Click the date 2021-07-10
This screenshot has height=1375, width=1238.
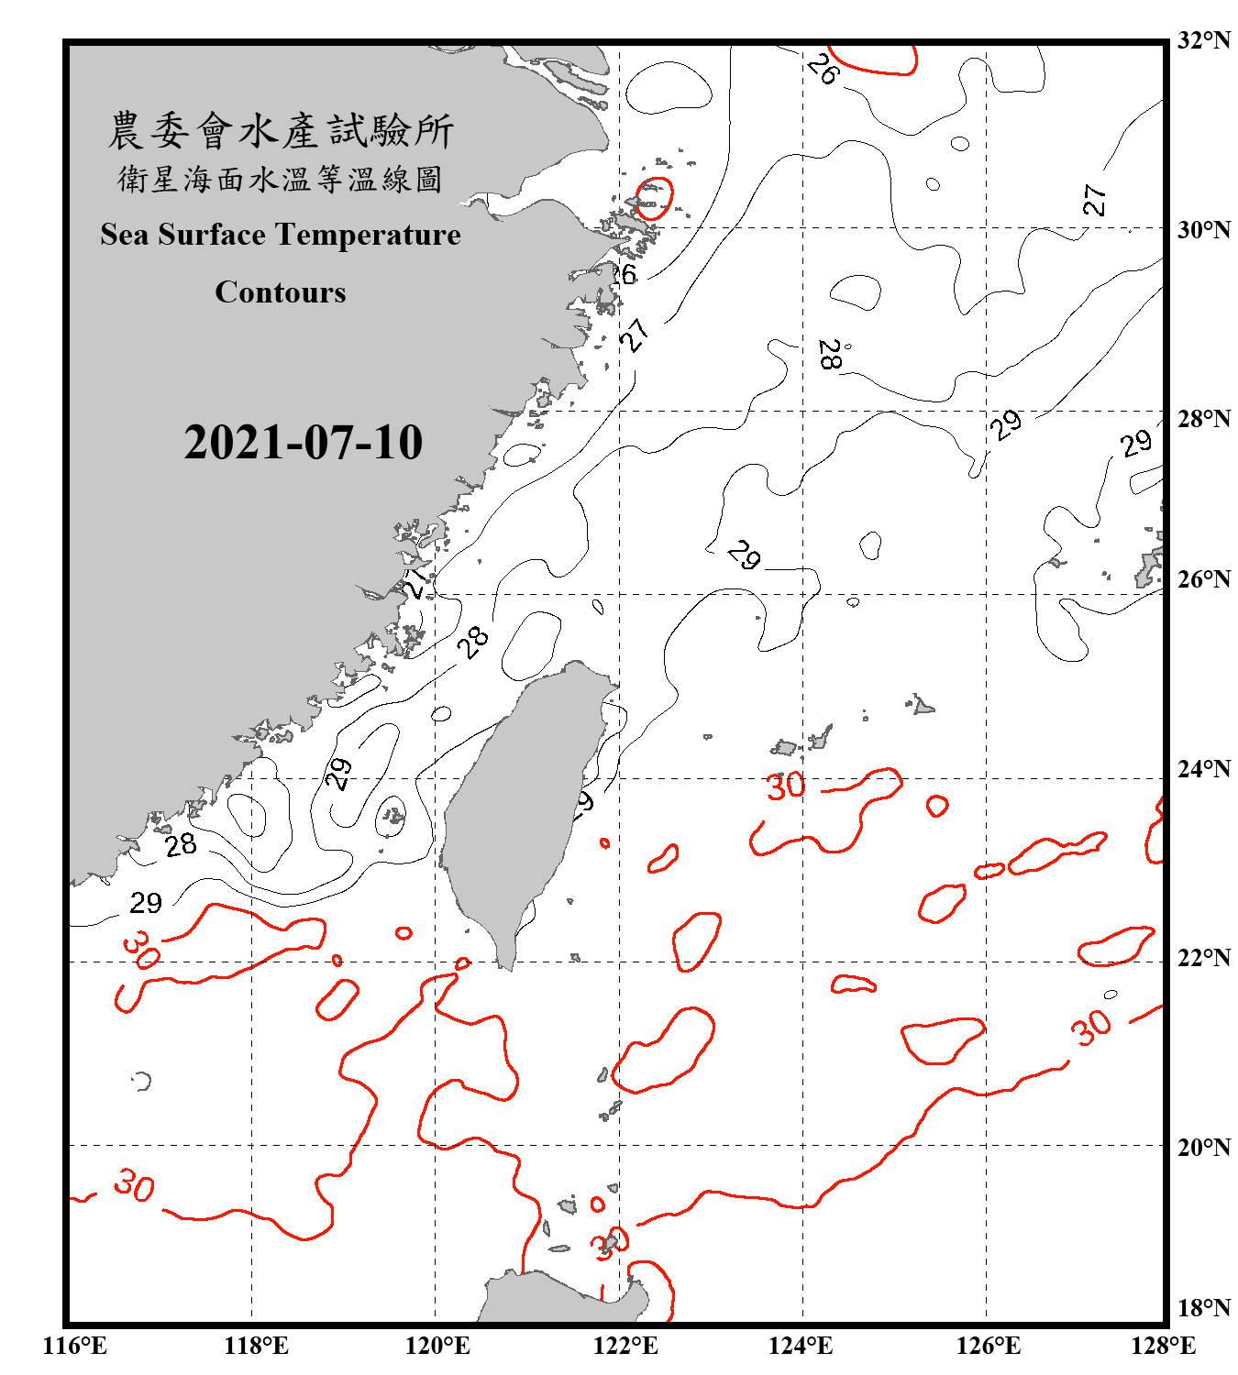[303, 443]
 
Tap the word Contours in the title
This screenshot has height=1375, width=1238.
[280, 291]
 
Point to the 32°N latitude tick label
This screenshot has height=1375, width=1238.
[1202, 40]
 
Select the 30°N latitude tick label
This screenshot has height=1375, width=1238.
[1202, 229]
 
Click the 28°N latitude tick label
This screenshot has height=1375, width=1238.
[1202, 419]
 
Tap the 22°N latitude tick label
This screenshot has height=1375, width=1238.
[1202, 958]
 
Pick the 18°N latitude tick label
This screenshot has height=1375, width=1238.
[1202, 1308]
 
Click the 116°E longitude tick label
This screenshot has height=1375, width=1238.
[74, 1346]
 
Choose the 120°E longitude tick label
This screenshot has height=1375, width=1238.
[437, 1346]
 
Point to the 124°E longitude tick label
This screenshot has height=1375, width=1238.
[800, 1346]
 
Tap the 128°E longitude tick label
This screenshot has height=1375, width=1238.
[1163, 1346]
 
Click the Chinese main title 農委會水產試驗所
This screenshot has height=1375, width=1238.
[281, 131]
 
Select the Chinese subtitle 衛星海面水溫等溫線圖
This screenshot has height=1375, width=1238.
[280, 179]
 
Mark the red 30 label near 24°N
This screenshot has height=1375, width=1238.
[786, 786]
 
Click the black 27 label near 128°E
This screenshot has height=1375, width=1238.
[1094, 199]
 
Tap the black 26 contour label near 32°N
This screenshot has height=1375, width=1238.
[823, 69]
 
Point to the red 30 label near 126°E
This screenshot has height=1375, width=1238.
[1090, 1028]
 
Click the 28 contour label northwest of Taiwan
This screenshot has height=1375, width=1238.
[473, 643]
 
